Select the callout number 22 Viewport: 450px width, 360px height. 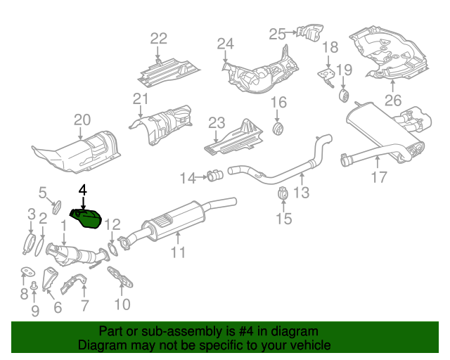(159, 39)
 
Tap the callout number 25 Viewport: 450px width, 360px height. (277, 33)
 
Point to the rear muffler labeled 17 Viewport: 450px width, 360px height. (383, 130)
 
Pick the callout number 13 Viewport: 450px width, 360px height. (301, 192)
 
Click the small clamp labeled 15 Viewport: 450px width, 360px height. (283, 194)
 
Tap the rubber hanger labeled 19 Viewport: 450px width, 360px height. (344, 94)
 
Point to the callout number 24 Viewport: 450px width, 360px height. (224, 45)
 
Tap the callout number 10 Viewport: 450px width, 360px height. (122, 304)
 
